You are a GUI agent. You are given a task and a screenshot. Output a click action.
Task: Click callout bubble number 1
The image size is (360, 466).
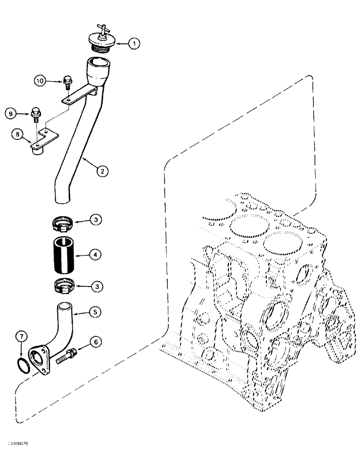pyautogui.click(x=133, y=44)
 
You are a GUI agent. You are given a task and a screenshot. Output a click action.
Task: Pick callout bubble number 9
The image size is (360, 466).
pyautogui.click(x=10, y=113)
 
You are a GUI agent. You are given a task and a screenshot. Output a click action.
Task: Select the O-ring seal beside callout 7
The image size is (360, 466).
pyautogui.click(x=23, y=365)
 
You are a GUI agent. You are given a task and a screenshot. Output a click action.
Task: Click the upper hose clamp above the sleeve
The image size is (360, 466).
pyautogui.click(x=63, y=224)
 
